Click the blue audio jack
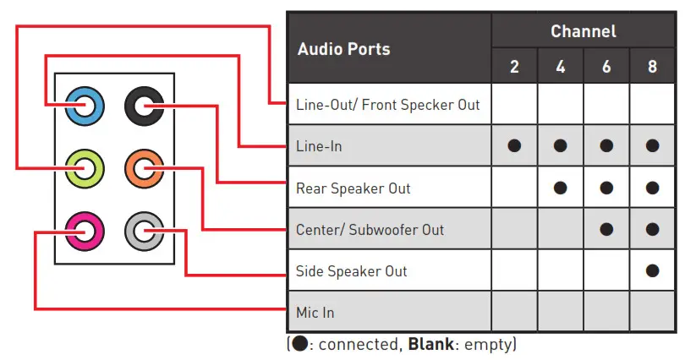coord(85,106)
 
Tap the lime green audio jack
coord(85,167)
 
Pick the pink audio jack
coord(85,228)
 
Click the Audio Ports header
coord(343,49)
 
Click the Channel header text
coord(583,31)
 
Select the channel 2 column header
coord(514,67)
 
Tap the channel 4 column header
coord(560,67)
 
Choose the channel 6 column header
coord(606,67)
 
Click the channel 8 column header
coord(652,67)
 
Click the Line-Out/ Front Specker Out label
coord(387,105)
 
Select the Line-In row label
coord(319,146)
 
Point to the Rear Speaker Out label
coord(353,188)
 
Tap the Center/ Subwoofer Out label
coord(370,229)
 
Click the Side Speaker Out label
coord(351,271)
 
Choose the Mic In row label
coord(315,313)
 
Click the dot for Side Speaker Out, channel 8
coord(652,271)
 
